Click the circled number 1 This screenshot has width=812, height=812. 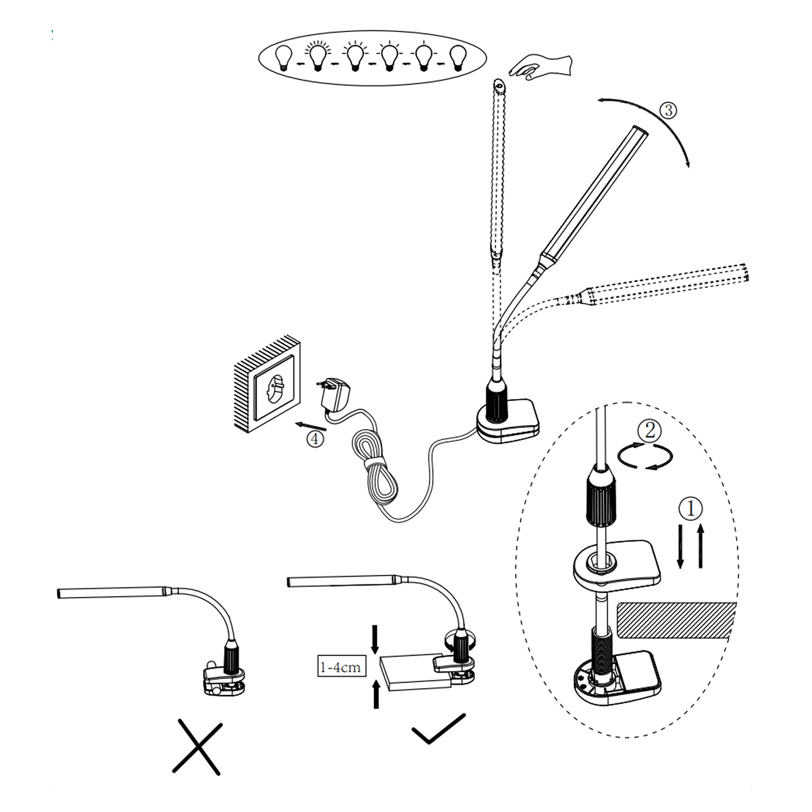point(691,509)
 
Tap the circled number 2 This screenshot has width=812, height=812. point(650,431)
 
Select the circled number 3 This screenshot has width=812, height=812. point(668,110)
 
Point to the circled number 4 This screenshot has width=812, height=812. point(315,438)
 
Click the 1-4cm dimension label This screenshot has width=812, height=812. point(340,666)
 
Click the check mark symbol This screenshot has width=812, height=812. point(438,729)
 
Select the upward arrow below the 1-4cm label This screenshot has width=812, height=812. point(375,694)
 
